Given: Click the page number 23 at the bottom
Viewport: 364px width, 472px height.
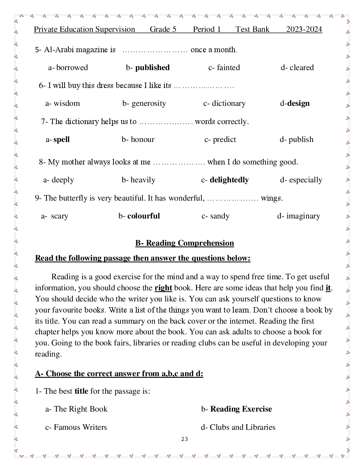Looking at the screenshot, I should tap(184, 439).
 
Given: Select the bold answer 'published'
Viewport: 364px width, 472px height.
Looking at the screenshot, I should tap(152, 68).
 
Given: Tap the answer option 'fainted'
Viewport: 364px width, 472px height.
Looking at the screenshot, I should tap(228, 68).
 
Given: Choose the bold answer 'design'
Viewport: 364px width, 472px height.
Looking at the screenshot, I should tap(298, 103).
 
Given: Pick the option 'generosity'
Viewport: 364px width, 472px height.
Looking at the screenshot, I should tap(148, 103).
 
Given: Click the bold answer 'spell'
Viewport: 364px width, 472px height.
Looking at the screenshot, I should tap(61, 139).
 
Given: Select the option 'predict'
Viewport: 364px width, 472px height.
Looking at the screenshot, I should tap(224, 139).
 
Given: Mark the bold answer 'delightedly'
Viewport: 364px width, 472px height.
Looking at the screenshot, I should tap(229, 180).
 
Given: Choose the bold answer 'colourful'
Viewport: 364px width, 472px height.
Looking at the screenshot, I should tap(143, 216).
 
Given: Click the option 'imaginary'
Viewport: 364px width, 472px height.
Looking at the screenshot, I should tap(303, 216).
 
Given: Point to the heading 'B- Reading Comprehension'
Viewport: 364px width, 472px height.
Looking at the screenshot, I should tap(184, 243).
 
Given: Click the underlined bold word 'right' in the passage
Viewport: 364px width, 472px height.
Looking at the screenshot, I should tap(163, 288).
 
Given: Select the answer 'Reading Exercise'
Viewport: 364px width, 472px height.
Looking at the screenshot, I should tap(241, 409).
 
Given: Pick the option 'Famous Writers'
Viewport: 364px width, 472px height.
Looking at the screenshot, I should tap(80, 427).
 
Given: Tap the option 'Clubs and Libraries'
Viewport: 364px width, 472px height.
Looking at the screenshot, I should tap(242, 427).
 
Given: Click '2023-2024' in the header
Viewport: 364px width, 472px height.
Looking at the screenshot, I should tap(304, 29).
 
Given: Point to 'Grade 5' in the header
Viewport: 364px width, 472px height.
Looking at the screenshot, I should tap(163, 29).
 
